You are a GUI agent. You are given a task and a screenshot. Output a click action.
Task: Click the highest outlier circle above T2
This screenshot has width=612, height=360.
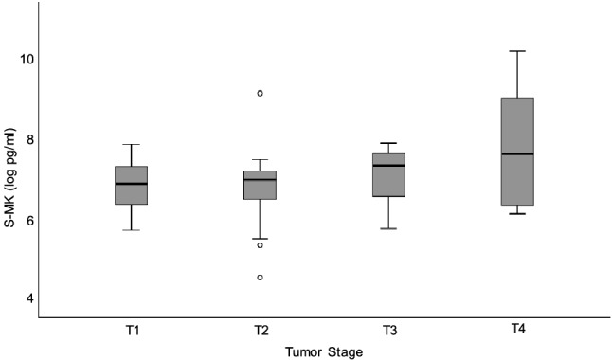click(261, 93)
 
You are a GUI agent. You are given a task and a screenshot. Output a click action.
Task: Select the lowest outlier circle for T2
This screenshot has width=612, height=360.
click(261, 278)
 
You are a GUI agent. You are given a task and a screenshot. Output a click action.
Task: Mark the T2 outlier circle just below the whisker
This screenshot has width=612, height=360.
click(261, 245)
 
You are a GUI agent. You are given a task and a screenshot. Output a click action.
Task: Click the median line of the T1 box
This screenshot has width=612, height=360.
click(132, 184)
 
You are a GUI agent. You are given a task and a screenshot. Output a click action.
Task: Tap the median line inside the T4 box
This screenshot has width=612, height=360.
click(517, 154)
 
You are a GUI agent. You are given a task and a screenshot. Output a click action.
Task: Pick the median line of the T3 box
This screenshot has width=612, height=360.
click(389, 166)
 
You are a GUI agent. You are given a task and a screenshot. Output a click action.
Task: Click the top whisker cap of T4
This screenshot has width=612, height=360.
click(517, 51)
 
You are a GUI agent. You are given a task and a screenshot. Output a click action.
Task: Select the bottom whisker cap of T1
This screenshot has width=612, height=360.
click(132, 230)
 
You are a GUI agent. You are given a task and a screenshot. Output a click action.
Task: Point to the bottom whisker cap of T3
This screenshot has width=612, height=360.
click(389, 228)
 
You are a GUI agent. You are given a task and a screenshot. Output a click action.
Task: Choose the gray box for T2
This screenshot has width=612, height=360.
click(261, 186)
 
